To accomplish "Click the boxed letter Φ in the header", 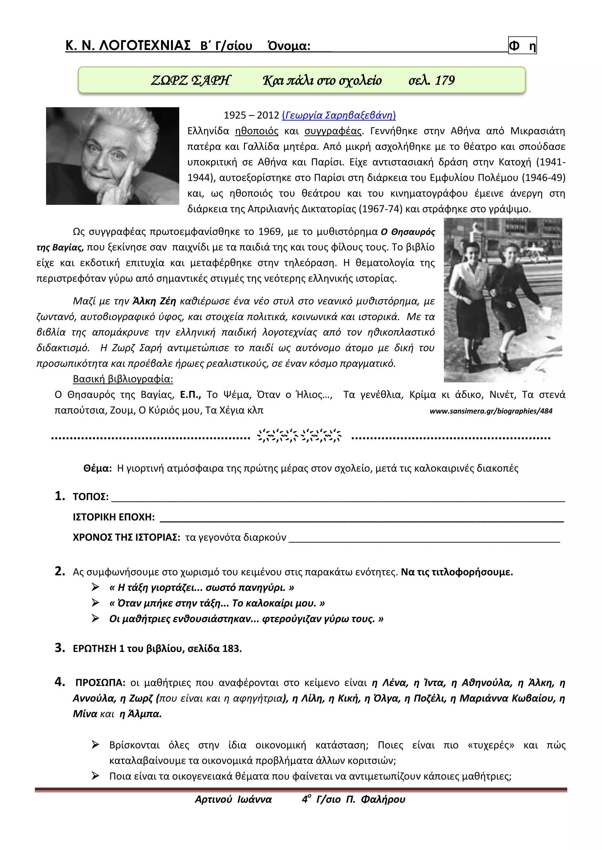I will tap(514, 46).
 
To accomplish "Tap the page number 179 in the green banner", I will tap(444, 80).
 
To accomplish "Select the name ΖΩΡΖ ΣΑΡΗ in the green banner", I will tap(190, 80).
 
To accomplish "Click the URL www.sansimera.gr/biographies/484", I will tap(491, 411).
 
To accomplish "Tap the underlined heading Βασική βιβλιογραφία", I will tap(123, 379).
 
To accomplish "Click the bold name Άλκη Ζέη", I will tap(154, 301).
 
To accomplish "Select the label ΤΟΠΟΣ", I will tap(91, 497).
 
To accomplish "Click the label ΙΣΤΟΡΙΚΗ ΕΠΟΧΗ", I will tap(113, 517).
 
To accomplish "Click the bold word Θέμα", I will tap(97, 468).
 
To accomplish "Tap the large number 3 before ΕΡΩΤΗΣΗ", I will tap(59, 648).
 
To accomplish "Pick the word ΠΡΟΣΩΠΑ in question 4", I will tap(100, 682).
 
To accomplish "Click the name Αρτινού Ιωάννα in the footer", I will tap(233, 799).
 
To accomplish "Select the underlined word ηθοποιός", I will tap(257, 131).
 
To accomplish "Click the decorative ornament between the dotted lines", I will tap(299, 436).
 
